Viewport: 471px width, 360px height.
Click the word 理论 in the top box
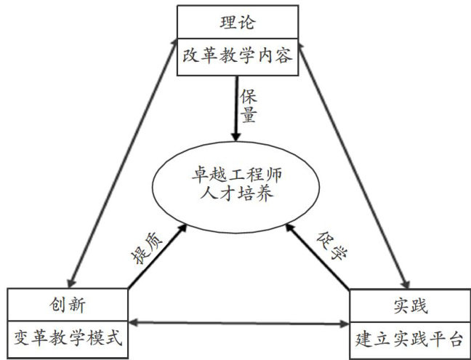click(238, 23)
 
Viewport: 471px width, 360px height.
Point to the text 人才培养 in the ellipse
click(238, 195)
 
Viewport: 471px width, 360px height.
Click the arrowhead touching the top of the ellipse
click(235, 136)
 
